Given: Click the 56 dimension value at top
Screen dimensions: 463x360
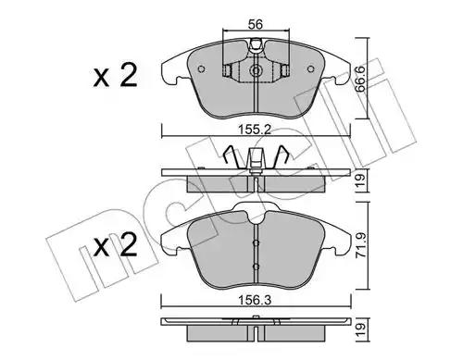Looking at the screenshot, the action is point(256,24).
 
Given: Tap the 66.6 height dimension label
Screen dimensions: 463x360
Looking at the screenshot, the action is point(360,80).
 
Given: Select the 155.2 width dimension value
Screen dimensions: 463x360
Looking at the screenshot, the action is point(255,130).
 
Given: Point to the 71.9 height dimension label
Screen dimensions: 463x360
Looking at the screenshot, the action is point(360,245).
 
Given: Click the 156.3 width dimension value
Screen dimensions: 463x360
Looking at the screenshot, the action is point(255,300).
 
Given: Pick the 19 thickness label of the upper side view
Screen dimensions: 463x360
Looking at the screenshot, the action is point(360,180).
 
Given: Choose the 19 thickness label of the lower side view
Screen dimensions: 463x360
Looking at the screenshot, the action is point(360,330).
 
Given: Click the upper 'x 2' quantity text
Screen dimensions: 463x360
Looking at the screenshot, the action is point(115,76).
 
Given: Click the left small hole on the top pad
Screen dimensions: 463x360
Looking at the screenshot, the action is point(201,69).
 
